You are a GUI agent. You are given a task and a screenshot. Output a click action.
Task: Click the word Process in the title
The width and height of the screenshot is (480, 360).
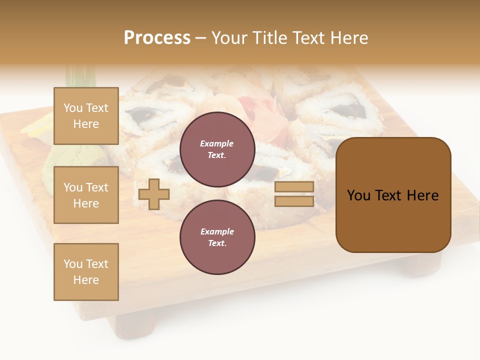[157, 38]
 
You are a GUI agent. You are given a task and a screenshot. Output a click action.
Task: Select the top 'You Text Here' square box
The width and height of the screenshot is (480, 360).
[86, 116]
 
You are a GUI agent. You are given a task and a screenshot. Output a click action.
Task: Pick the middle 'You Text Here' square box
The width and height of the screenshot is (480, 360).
[86, 195]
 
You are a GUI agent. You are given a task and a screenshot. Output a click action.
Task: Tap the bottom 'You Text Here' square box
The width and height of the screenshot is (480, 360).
[86, 272]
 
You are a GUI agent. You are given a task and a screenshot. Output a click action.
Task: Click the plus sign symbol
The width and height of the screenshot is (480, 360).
[154, 194]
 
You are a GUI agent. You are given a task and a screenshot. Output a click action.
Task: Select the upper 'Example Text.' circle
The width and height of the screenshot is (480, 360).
[217, 149]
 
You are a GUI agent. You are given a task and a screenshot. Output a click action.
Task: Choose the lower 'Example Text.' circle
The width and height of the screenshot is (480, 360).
[217, 237]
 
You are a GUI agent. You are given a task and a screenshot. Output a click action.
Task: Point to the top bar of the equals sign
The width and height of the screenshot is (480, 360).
[294, 186]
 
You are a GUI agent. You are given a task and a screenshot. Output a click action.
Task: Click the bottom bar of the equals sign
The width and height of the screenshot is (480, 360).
[294, 201]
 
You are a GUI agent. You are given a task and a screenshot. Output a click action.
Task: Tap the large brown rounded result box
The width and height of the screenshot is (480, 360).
[393, 195]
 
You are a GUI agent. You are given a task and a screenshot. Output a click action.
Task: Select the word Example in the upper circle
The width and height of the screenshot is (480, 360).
[217, 143]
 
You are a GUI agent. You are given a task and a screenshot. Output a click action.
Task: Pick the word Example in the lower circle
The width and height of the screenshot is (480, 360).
[217, 231]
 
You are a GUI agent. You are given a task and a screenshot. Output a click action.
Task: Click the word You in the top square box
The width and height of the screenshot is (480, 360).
[73, 108]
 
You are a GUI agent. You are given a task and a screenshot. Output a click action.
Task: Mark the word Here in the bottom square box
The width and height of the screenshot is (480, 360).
[86, 280]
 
